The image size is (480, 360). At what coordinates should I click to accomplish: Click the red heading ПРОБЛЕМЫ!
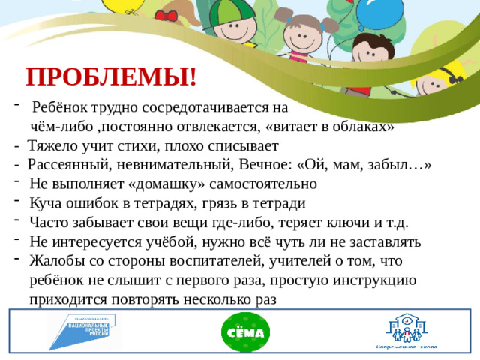[111, 76]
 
